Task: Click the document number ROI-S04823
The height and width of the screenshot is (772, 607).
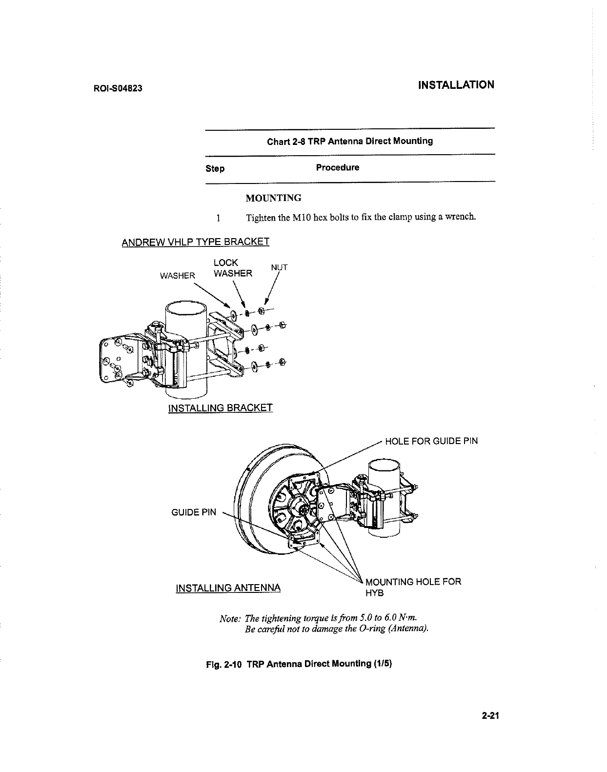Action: (x=117, y=89)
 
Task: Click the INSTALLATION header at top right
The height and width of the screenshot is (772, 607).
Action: (x=456, y=85)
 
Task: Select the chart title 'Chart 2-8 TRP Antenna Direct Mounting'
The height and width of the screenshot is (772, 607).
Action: (x=349, y=142)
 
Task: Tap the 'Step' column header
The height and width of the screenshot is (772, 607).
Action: (x=215, y=169)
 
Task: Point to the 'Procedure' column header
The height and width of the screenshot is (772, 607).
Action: (x=337, y=168)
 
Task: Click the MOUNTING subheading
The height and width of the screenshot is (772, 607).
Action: (x=273, y=198)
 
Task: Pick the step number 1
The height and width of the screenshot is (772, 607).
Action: (x=219, y=218)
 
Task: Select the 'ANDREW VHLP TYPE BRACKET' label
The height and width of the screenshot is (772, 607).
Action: (x=195, y=242)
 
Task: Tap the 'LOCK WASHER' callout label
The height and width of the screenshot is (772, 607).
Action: (x=232, y=268)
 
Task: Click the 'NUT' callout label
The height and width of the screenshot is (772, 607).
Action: (x=279, y=267)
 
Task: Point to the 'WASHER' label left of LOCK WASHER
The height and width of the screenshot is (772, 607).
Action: (x=178, y=276)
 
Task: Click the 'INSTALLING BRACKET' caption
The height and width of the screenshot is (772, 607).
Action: (x=220, y=408)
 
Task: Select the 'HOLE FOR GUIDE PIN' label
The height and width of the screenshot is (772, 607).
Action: (x=431, y=442)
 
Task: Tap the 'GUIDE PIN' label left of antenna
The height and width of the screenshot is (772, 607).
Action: (x=193, y=512)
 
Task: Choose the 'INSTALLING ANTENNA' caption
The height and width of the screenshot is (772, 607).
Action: (x=228, y=588)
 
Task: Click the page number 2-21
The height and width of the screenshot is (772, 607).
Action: (x=492, y=716)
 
